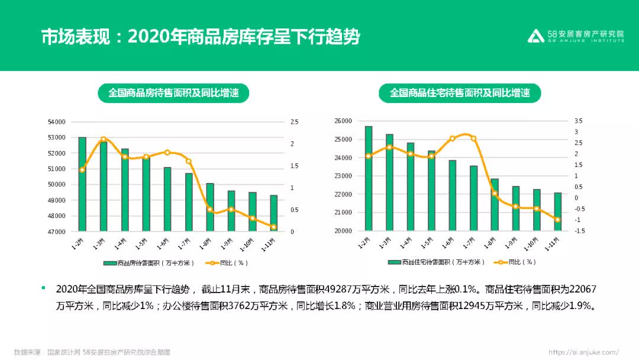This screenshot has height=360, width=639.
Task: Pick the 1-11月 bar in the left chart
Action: click(273, 213)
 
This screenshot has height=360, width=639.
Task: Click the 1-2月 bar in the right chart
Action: click(369, 178)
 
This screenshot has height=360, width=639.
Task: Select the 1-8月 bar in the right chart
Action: click(495, 204)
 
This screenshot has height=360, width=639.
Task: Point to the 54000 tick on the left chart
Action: click(57, 122)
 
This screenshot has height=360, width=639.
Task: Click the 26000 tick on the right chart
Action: click(343, 121)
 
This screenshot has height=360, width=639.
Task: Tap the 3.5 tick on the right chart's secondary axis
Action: click(578, 121)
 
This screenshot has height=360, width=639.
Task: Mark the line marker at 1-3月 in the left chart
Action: click(103, 140)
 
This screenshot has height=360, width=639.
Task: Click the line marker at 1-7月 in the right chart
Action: click(473, 139)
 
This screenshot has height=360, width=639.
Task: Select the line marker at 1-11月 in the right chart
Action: click(557, 220)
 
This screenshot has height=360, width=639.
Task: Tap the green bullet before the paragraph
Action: click(43, 288)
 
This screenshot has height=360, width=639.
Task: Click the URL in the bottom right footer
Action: click(583, 352)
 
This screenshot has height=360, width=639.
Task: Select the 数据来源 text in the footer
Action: click(27, 352)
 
